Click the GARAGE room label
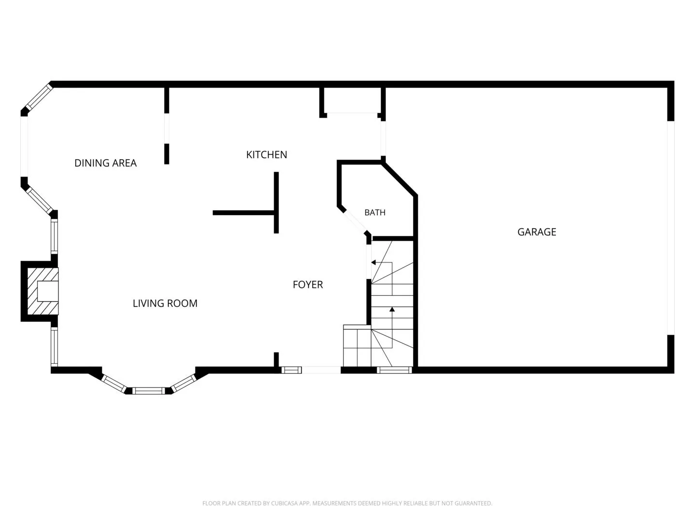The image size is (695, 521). [x=536, y=232]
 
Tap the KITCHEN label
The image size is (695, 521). [x=266, y=155]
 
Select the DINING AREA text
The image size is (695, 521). [x=105, y=163]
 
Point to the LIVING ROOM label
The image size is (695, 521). [x=165, y=303]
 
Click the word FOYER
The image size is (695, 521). [x=308, y=285]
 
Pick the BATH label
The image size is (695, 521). [x=375, y=213]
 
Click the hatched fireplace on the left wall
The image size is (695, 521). [x=43, y=291]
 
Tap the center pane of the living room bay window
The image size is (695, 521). [x=149, y=391]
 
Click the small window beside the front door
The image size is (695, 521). [x=292, y=370]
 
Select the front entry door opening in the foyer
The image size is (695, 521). [x=321, y=370]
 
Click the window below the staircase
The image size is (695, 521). [x=394, y=370]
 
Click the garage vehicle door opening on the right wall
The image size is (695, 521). [x=670, y=228]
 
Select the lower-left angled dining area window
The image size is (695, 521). [x=40, y=201]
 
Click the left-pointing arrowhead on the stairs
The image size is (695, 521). [x=374, y=262]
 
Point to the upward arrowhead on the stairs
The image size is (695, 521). [x=392, y=309]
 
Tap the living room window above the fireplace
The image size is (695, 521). [x=55, y=236]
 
